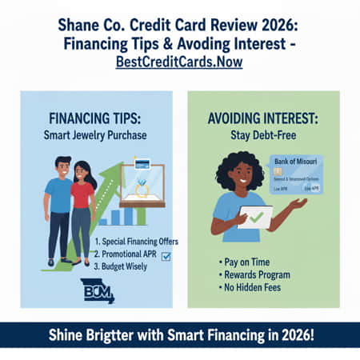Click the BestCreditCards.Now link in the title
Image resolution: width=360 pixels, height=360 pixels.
pyautogui.click(x=179, y=62)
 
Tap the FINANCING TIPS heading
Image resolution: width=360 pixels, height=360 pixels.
pyautogui.click(x=95, y=118)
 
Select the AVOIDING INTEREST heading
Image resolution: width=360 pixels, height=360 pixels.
pyautogui.click(x=263, y=118)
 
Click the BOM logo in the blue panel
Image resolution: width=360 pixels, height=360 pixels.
pyautogui.click(x=97, y=290)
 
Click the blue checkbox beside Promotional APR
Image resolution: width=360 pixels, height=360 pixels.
pyautogui.click(x=166, y=256)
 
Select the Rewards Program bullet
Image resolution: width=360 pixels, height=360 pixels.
pyautogui.click(x=254, y=274)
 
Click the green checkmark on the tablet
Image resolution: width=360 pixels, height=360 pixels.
pyautogui.click(x=255, y=216)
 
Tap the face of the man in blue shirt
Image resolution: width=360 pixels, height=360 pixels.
pyautogui.click(x=63, y=169)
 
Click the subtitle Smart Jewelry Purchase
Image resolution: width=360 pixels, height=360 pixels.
pyautogui.click(x=95, y=135)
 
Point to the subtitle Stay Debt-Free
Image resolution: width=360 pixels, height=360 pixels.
pyautogui.click(x=263, y=135)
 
